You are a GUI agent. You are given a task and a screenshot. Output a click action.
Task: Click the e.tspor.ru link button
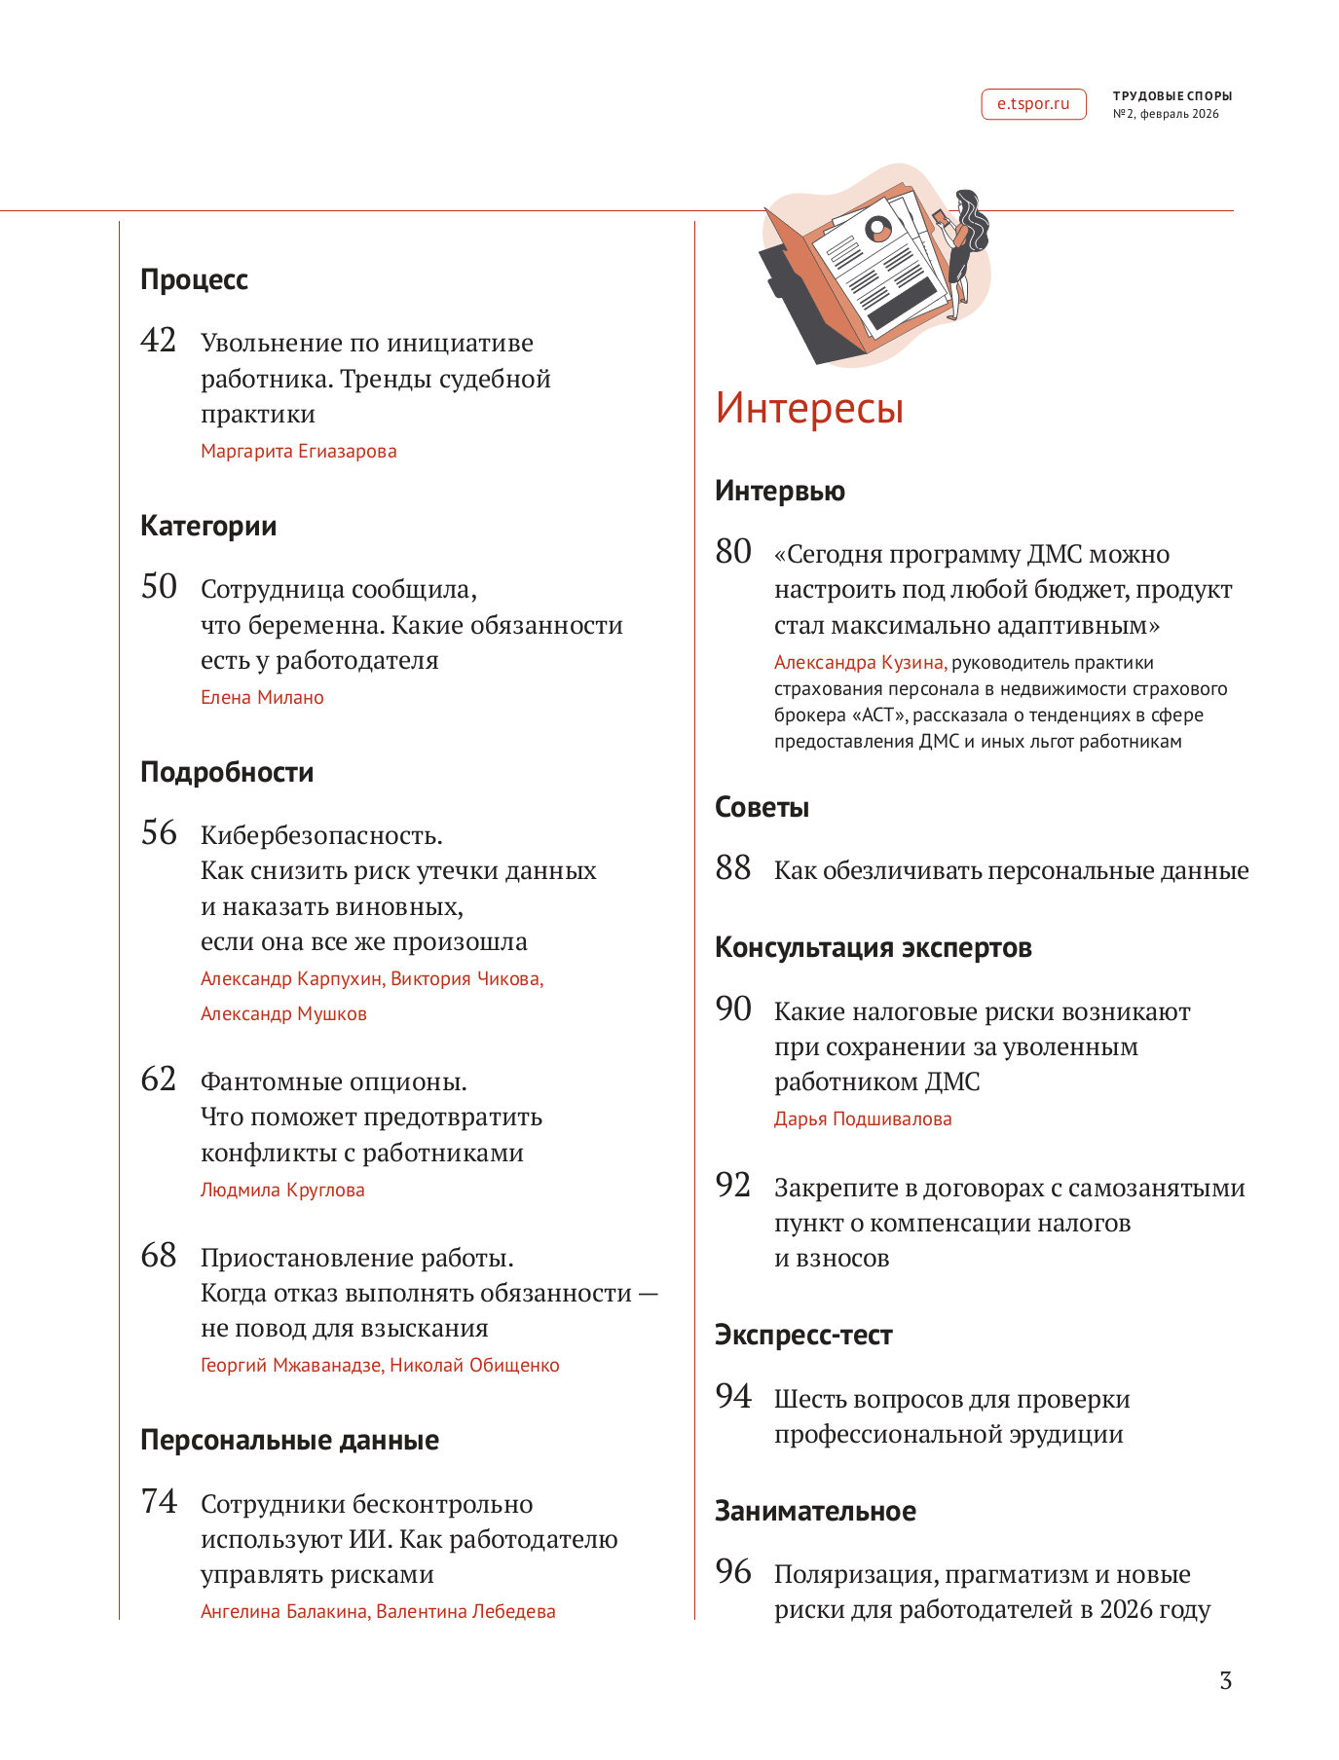coord(1032,104)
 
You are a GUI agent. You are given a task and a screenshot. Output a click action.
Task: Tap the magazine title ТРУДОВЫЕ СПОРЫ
coord(1172,96)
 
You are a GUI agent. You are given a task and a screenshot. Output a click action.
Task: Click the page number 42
coord(159,341)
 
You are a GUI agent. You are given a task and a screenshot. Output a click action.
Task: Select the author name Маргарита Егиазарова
coord(298,452)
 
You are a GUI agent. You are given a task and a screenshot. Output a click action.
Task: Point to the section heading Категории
coord(208,527)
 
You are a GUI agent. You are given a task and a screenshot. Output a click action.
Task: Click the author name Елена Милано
coord(262,698)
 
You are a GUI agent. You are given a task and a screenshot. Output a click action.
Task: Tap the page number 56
coord(159,833)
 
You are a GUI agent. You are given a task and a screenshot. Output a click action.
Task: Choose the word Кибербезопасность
coord(321,836)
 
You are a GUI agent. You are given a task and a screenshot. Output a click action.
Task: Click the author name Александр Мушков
coord(283,1014)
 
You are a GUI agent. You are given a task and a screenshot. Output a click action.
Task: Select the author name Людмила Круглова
coord(282,1191)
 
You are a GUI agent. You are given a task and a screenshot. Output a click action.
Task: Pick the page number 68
coord(159,1256)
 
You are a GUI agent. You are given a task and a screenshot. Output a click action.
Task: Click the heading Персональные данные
coord(289,1441)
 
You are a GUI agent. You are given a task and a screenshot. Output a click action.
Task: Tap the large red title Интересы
coord(809,408)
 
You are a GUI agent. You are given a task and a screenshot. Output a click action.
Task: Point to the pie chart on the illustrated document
coord(879,230)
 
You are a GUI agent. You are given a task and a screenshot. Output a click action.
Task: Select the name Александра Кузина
coord(859,663)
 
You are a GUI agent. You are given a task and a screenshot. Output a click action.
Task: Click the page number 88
coord(733,868)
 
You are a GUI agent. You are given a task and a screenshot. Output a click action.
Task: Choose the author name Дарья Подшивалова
coord(863,1119)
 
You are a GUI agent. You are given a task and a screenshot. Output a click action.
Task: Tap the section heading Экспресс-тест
coord(803,1336)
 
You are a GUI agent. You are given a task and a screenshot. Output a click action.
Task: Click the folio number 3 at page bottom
coord(1225,1681)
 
